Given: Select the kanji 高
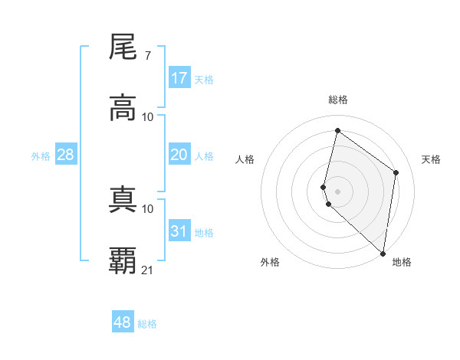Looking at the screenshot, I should pyautogui.click(x=123, y=108).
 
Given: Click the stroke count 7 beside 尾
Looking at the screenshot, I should pyautogui.click(x=147, y=56).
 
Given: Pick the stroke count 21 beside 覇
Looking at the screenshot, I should pyautogui.click(x=148, y=270).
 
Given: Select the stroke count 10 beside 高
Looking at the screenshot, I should pyautogui.click(x=148, y=117).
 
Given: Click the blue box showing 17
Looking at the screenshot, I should pyautogui.click(x=179, y=78).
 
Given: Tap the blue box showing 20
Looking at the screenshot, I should pyautogui.click(x=179, y=155).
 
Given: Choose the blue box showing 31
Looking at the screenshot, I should pyautogui.click(x=179, y=231).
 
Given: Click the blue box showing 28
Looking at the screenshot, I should pyautogui.click(x=66, y=155).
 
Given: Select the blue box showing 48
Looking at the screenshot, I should pyautogui.click(x=123, y=322).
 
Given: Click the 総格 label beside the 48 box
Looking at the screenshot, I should pyautogui.click(x=147, y=324).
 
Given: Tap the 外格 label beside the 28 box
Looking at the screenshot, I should pyautogui.click(x=41, y=156).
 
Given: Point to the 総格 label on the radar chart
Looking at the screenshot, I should pyautogui.click(x=338, y=100).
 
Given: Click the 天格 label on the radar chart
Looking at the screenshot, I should pyautogui.click(x=431, y=159).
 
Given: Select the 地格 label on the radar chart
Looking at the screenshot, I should pyautogui.click(x=402, y=263).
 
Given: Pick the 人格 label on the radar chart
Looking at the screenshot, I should pyautogui.click(x=245, y=159).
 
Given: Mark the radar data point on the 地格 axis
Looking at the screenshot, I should pyautogui.click(x=383, y=254).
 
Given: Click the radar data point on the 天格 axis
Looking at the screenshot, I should pyautogui.click(x=396, y=172).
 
